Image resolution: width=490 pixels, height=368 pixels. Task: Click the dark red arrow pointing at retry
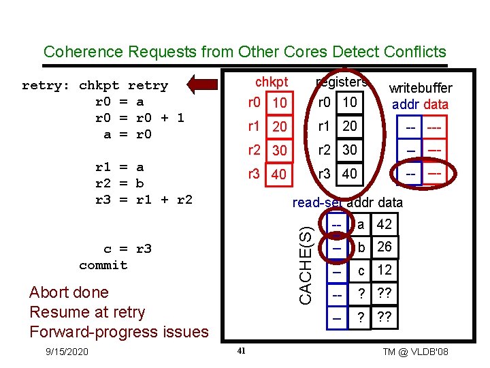[208, 84]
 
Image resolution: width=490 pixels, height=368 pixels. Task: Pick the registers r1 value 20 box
[350, 127]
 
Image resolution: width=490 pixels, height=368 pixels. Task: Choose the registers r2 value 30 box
[350, 150]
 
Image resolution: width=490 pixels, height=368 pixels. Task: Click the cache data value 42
[384, 224]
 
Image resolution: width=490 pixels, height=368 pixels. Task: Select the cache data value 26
[384, 247]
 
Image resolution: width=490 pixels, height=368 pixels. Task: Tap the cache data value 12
[384, 270]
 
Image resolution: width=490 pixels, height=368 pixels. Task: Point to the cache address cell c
[361, 270]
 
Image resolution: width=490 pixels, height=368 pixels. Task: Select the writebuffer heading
[420, 89]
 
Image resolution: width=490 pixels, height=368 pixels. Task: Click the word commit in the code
[103, 265]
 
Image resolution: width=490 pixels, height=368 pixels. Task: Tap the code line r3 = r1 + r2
[144, 200]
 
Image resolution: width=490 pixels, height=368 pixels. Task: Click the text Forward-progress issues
[119, 332]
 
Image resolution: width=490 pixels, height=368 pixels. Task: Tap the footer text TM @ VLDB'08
[415, 352]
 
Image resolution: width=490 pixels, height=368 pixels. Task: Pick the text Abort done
[69, 292]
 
